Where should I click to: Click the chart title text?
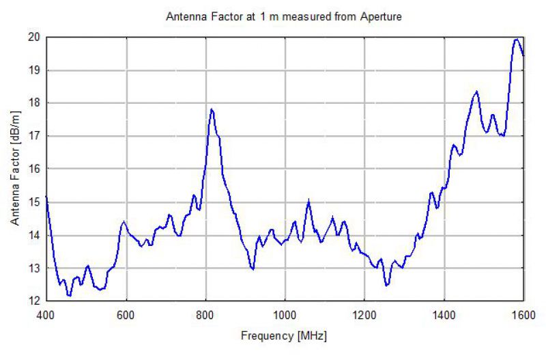[284, 16]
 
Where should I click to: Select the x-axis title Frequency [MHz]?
[284, 337]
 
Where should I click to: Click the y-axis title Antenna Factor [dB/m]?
[15, 169]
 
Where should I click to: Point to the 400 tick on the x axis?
[45, 314]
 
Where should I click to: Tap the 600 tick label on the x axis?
[126, 314]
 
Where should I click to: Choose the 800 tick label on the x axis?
[205, 314]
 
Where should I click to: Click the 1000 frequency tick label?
[285, 314]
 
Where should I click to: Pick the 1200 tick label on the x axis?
[364, 314]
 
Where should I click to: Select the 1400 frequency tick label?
[444, 314]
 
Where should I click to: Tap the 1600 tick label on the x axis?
[523, 314]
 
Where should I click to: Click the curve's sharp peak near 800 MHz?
[212, 109]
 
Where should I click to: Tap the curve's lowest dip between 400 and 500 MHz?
[69, 296]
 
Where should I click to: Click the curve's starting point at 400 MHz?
[46, 197]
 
